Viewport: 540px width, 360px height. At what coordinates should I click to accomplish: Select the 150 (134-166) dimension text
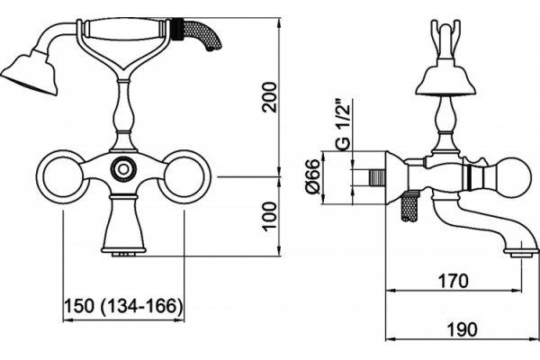[x=123, y=306]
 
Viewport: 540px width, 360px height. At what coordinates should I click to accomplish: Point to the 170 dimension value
[x=453, y=281]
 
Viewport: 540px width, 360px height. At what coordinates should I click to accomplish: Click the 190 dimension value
[x=462, y=329]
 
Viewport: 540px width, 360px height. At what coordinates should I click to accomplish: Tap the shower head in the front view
[x=30, y=73]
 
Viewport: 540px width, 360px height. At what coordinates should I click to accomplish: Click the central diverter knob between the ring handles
[x=123, y=169]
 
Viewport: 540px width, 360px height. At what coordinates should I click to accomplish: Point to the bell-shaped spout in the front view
[x=123, y=225]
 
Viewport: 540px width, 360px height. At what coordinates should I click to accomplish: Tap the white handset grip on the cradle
[x=124, y=30]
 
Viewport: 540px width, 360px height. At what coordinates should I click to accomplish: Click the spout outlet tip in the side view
[x=521, y=253]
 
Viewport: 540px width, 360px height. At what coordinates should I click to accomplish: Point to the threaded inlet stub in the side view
[x=377, y=178]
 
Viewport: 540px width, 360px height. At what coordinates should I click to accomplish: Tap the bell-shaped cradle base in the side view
[x=445, y=78]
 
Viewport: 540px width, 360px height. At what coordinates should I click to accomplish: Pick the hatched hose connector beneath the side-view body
[x=409, y=206]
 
